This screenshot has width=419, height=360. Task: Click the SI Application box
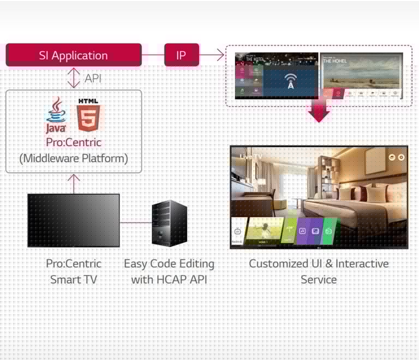click(x=73, y=55)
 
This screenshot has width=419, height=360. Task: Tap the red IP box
click(x=181, y=55)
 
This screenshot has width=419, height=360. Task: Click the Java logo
click(x=56, y=115)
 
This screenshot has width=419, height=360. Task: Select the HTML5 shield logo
click(x=88, y=115)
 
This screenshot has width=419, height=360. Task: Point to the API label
click(x=93, y=79)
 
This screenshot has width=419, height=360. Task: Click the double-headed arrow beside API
click(x=74, y=78)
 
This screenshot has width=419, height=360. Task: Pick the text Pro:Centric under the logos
click(x=74, y=142)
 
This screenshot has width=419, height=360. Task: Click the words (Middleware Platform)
click(x=74, y=158)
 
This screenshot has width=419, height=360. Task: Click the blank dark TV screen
click(x=74, y=220)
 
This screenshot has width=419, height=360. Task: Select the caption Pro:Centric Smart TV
click(x=74, y=271)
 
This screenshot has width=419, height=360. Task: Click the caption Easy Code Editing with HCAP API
click(x=169, y=271)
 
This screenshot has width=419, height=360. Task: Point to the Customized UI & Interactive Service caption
click(x=319, y=271)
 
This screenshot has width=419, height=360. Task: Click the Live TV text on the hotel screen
click(x=251, y=157)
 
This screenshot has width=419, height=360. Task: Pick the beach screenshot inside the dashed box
click(x=361, y=75)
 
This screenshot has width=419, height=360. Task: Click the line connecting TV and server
click(x=135, y=223)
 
